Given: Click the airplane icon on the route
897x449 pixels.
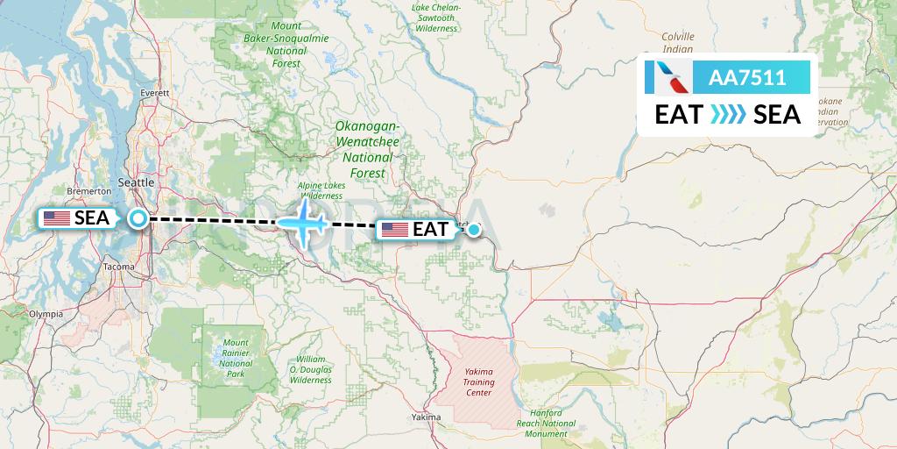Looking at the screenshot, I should tap(306, 222).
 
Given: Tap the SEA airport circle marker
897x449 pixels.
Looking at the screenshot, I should tap(138, 218).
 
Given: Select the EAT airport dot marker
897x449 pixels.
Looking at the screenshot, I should tap(474, 231).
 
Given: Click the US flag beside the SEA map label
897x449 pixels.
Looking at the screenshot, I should tap(57, 218).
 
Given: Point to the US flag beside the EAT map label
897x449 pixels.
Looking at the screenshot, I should tap(395, 231).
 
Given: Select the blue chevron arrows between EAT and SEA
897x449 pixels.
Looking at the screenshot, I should tap(728, 115).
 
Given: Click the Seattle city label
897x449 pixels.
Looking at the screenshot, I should tap(135, 182).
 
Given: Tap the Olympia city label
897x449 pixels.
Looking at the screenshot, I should tap(46, 313).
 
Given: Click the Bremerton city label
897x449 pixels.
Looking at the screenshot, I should tap(88, 190).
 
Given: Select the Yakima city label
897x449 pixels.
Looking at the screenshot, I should tap(425, 417).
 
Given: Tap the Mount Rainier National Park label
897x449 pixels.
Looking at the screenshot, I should tap(236, 358).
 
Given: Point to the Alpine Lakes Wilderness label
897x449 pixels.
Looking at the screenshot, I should tap(321, 190).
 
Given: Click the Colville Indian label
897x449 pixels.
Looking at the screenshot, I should tap(678, 42).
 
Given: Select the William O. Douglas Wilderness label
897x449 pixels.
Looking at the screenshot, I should tap(311, 370).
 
